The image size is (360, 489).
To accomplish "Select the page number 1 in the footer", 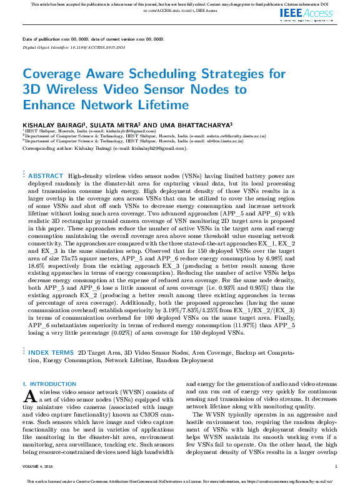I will [336, 467].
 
